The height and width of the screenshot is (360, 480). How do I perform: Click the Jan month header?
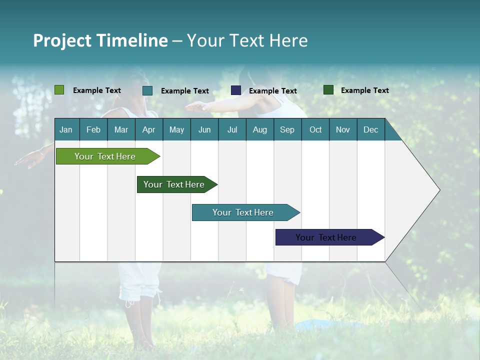pos(66,129)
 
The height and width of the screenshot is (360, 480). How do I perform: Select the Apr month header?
pos(149,129)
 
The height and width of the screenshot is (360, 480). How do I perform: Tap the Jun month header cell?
pos(204,129)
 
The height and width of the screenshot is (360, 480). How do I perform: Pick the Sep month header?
pos(287,129)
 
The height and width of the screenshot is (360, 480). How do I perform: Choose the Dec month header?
pos(370,129)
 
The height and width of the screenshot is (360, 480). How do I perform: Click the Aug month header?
pos(260,129)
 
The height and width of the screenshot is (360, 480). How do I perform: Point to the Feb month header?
pos(93,129)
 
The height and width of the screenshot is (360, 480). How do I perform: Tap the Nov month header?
pos(343,129)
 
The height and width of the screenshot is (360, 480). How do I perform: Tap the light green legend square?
pos(59,90)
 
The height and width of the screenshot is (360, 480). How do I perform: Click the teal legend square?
pos(147,90)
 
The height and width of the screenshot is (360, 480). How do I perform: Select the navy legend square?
pos(236,90)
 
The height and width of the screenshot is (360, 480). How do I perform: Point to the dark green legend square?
pos(328,90)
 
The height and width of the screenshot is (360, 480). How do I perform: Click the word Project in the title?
pos(62,40)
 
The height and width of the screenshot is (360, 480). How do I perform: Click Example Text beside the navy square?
pos(273,91)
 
